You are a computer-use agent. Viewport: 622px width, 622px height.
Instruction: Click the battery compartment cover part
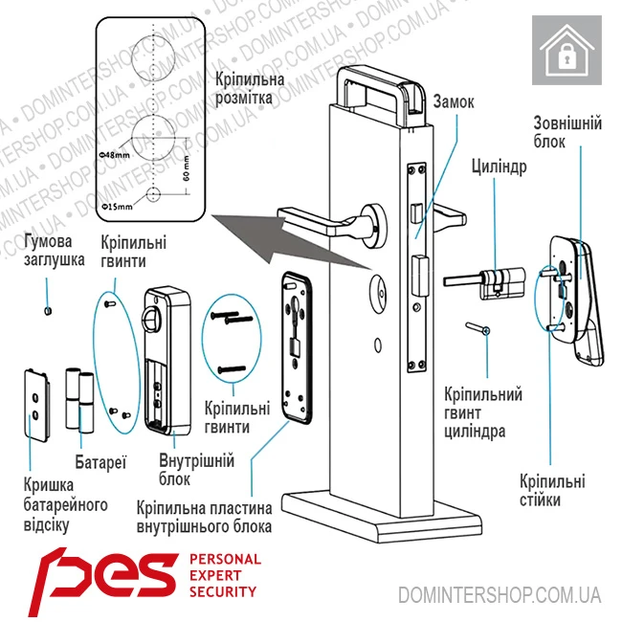[x=37, y=403]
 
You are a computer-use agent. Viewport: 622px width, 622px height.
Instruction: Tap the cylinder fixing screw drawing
[x=478, y=329]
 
